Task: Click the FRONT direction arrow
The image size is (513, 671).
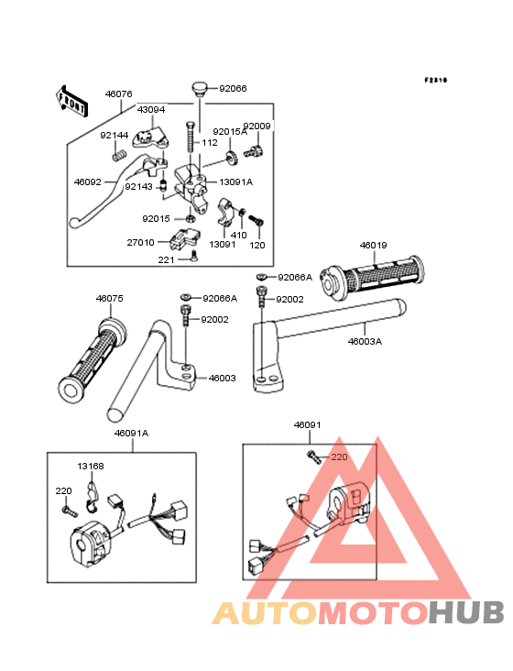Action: click(x=71, y=101)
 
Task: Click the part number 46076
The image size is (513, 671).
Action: click(x=119, y=93)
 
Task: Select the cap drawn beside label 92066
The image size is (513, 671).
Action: click(x=199, y=89)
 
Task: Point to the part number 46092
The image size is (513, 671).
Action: click(x=88, y=181)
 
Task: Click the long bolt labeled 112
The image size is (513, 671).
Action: click(x=191, y=137)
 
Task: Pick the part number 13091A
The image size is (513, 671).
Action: click(x=236, y=181)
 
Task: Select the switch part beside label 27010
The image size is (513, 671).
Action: click(x=184, y=238)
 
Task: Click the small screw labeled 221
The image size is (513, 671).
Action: click(x=194, y=256)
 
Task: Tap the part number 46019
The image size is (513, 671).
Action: click(x=373, y=245)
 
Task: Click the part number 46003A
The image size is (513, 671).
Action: click(x=365, y=342)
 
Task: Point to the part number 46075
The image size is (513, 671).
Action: click(x=109, y=298)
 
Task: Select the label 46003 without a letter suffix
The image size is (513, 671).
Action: click(x=223, y=378)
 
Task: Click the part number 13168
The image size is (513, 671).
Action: click(x=91, y=466)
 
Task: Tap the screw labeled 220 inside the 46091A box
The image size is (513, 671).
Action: click(x=70, y=511)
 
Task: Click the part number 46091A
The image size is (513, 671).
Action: click(x=131, y=433)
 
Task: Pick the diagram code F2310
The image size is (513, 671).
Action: click(x=436, y=80)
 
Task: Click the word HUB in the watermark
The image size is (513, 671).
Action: click(x=467, y=612)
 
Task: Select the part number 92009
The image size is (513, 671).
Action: click(x=256, y=126)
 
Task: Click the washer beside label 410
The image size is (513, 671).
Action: click(x=242, y=212)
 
